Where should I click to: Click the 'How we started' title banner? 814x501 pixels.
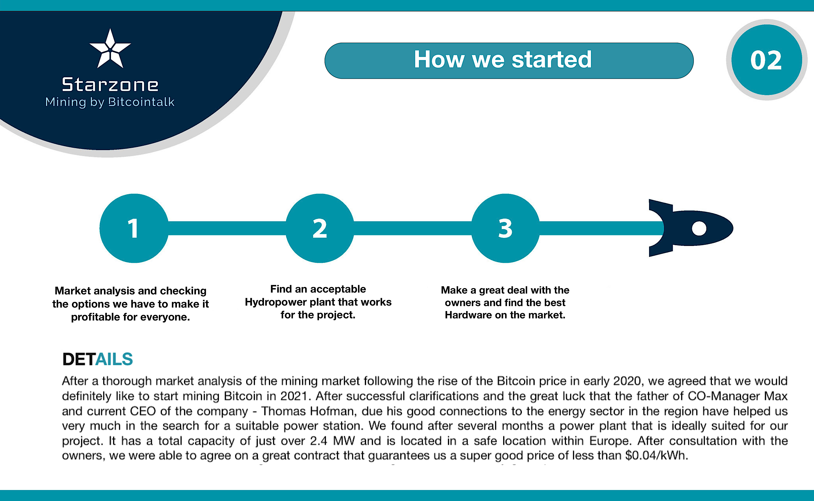tap(509, 61)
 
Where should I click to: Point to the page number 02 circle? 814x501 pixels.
tap(767, 60)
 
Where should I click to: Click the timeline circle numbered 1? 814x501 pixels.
tap(134, 228)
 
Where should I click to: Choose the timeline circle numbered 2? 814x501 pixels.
tap(320, 228)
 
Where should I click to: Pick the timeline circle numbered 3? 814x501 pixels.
tap(505, 228)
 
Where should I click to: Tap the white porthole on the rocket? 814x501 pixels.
tap(699, 228)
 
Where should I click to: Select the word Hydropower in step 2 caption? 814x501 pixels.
tap(275, 302)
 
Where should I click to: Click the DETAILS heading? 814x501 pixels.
tap(98, 359)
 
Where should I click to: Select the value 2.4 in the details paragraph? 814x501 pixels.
tap(319, 441)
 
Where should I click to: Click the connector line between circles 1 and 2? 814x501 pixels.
tap(227, 228)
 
